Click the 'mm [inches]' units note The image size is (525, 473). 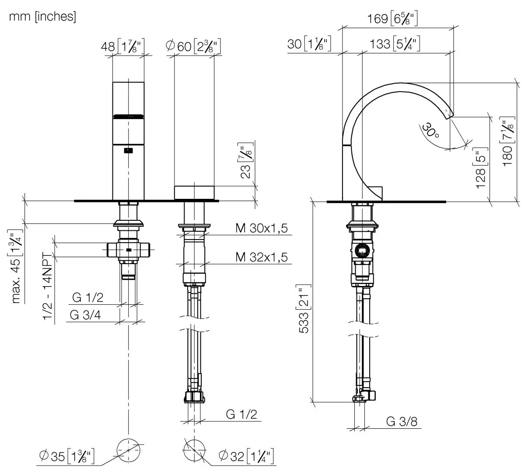tap(42, 17)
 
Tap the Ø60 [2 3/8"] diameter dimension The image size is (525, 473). tap(193, 46)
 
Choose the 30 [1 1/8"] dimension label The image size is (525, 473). tap(309, 44)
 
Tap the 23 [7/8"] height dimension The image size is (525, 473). tap(247, 160)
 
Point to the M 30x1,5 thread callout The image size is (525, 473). tap(262, 228)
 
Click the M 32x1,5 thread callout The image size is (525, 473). tap(262, 257)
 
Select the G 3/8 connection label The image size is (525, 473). tap(402, 421)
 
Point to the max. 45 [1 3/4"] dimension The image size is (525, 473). tap(18, 267)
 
